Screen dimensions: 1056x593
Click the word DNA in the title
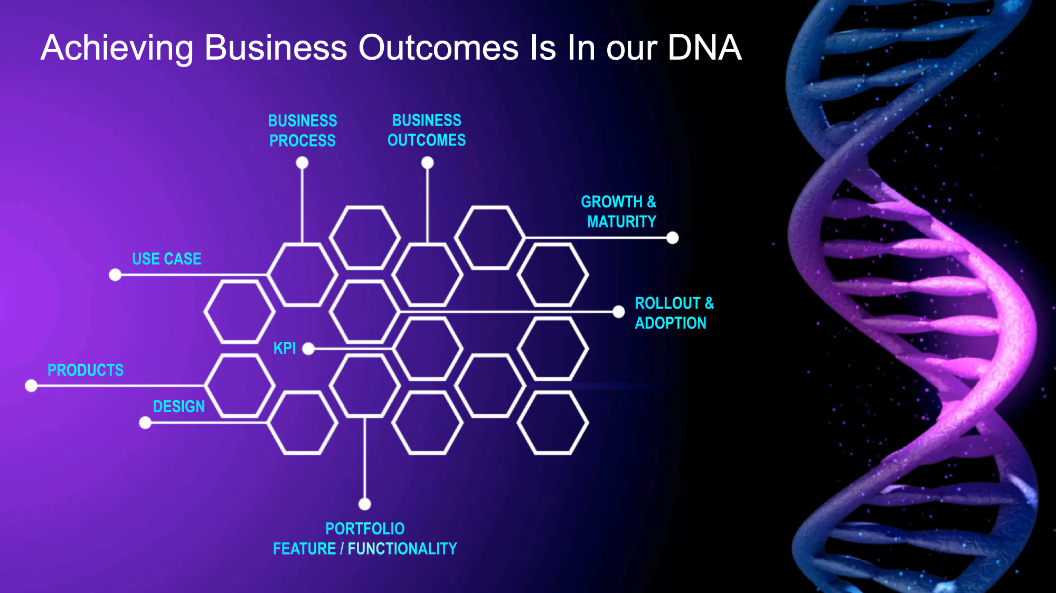[704, 47]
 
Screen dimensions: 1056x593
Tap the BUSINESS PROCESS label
[303, 131]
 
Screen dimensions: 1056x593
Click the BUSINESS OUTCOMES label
[427, 130]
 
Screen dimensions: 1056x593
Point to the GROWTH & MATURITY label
[619, 212]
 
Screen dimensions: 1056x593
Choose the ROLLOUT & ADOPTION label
[674, 313]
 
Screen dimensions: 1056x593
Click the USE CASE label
[167, 259]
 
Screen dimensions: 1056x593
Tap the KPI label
[285, 348]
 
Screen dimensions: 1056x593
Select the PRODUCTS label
[86, 370]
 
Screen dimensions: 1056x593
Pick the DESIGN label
[179, 406]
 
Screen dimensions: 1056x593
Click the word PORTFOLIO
[365, 529]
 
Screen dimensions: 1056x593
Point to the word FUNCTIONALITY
[402, 549]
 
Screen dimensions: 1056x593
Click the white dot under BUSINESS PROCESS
[302, 163]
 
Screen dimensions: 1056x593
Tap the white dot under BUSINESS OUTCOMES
[428, 163]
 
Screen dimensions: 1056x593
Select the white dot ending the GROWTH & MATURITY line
[673, 238]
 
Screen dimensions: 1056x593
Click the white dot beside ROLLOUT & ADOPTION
[619, 312]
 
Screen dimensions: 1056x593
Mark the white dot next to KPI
[308, 349]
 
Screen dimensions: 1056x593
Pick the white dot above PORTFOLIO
[365, 504]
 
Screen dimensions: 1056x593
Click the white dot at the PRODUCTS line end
[31, 386]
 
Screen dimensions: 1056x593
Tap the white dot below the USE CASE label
[115, 275]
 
